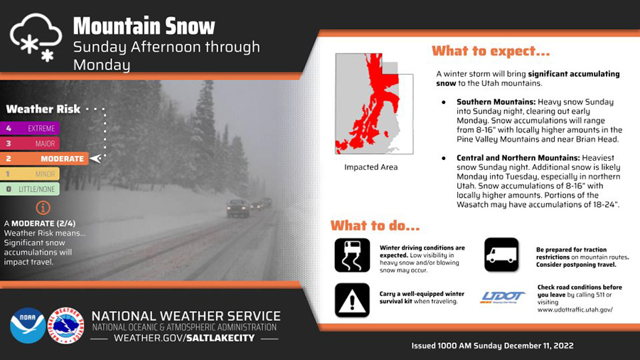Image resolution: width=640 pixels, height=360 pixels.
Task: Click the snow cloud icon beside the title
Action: click(36, 38)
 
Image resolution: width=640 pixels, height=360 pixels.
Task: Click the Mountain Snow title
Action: click(144, 26)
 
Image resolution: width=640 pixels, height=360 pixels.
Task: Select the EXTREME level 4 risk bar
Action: click(30, 128)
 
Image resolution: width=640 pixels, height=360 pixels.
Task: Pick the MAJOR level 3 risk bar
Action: click(30, 143)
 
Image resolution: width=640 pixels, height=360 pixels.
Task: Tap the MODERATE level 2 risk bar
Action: click(44, 159)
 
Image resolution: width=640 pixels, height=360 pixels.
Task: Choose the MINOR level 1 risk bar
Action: click(30, 174)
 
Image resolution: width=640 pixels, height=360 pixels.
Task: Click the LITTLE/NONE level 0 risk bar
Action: click(30, 189)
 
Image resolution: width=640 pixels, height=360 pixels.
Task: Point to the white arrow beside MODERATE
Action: click(95, 159)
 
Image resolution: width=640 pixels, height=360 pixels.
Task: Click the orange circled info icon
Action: click(43, 208)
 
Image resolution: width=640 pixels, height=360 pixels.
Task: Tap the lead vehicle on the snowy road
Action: click(238, 208)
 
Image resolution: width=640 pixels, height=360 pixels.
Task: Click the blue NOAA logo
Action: click(28, 326)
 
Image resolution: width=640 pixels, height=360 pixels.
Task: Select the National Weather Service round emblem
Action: click(65, 326)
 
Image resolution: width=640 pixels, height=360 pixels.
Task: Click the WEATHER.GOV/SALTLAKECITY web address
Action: click(184, 338)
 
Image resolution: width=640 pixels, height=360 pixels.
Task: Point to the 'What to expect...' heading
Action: click(491, 51)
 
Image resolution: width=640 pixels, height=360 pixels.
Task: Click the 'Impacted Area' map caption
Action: click(370, 167)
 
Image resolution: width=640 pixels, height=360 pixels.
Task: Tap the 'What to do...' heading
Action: click(375, 226)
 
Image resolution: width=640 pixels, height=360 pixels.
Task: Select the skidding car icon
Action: click(352, 255)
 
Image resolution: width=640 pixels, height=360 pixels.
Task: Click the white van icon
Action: click(501, 255)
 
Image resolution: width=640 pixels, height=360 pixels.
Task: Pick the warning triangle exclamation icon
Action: click(352, 300)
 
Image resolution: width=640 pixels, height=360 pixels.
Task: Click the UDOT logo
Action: click(503, 297)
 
